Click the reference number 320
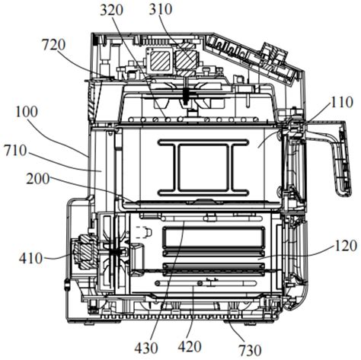coord(111,10)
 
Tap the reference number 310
coord(160,9)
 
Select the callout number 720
coord(53,45)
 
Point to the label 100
coord(27,112)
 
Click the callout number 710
coord(15,151)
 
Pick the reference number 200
coord(38,179)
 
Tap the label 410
coord(30,259)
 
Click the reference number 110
coord(342,102)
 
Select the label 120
coord(346,246)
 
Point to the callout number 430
coord(146,348)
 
